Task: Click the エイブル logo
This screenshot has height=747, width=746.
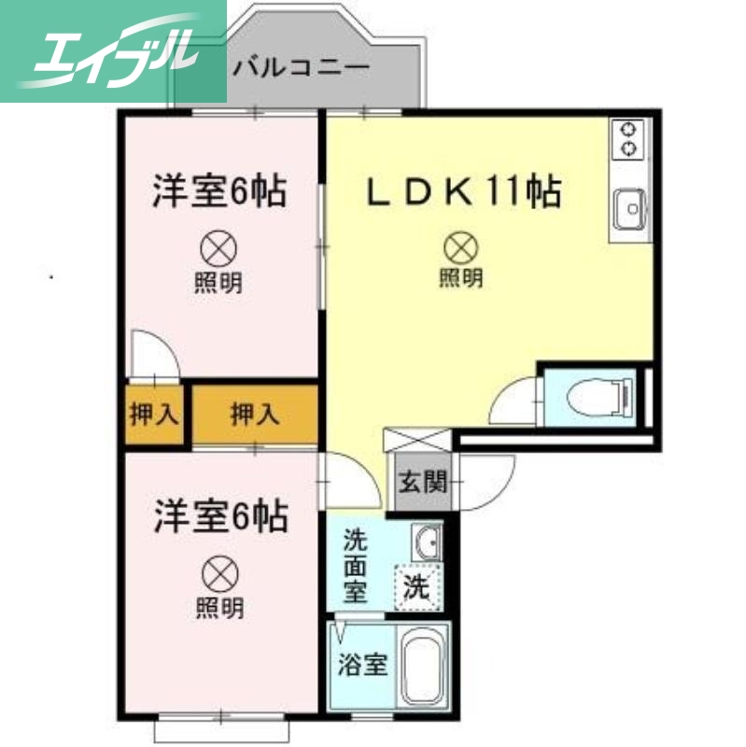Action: [113, 50]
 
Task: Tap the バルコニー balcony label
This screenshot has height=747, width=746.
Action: [301, 67]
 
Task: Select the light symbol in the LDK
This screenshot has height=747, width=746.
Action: [460, 247]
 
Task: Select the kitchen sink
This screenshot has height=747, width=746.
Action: [628, 206]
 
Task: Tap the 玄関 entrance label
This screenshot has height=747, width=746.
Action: [421, 483]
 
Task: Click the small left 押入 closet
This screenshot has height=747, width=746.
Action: [152, 414]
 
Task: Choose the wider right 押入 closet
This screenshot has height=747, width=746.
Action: [254, 414]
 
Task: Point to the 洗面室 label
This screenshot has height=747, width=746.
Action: [355, 565]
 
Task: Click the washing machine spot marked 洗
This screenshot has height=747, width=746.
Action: [415, 588]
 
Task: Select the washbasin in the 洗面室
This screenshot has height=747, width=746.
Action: [427, 542]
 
